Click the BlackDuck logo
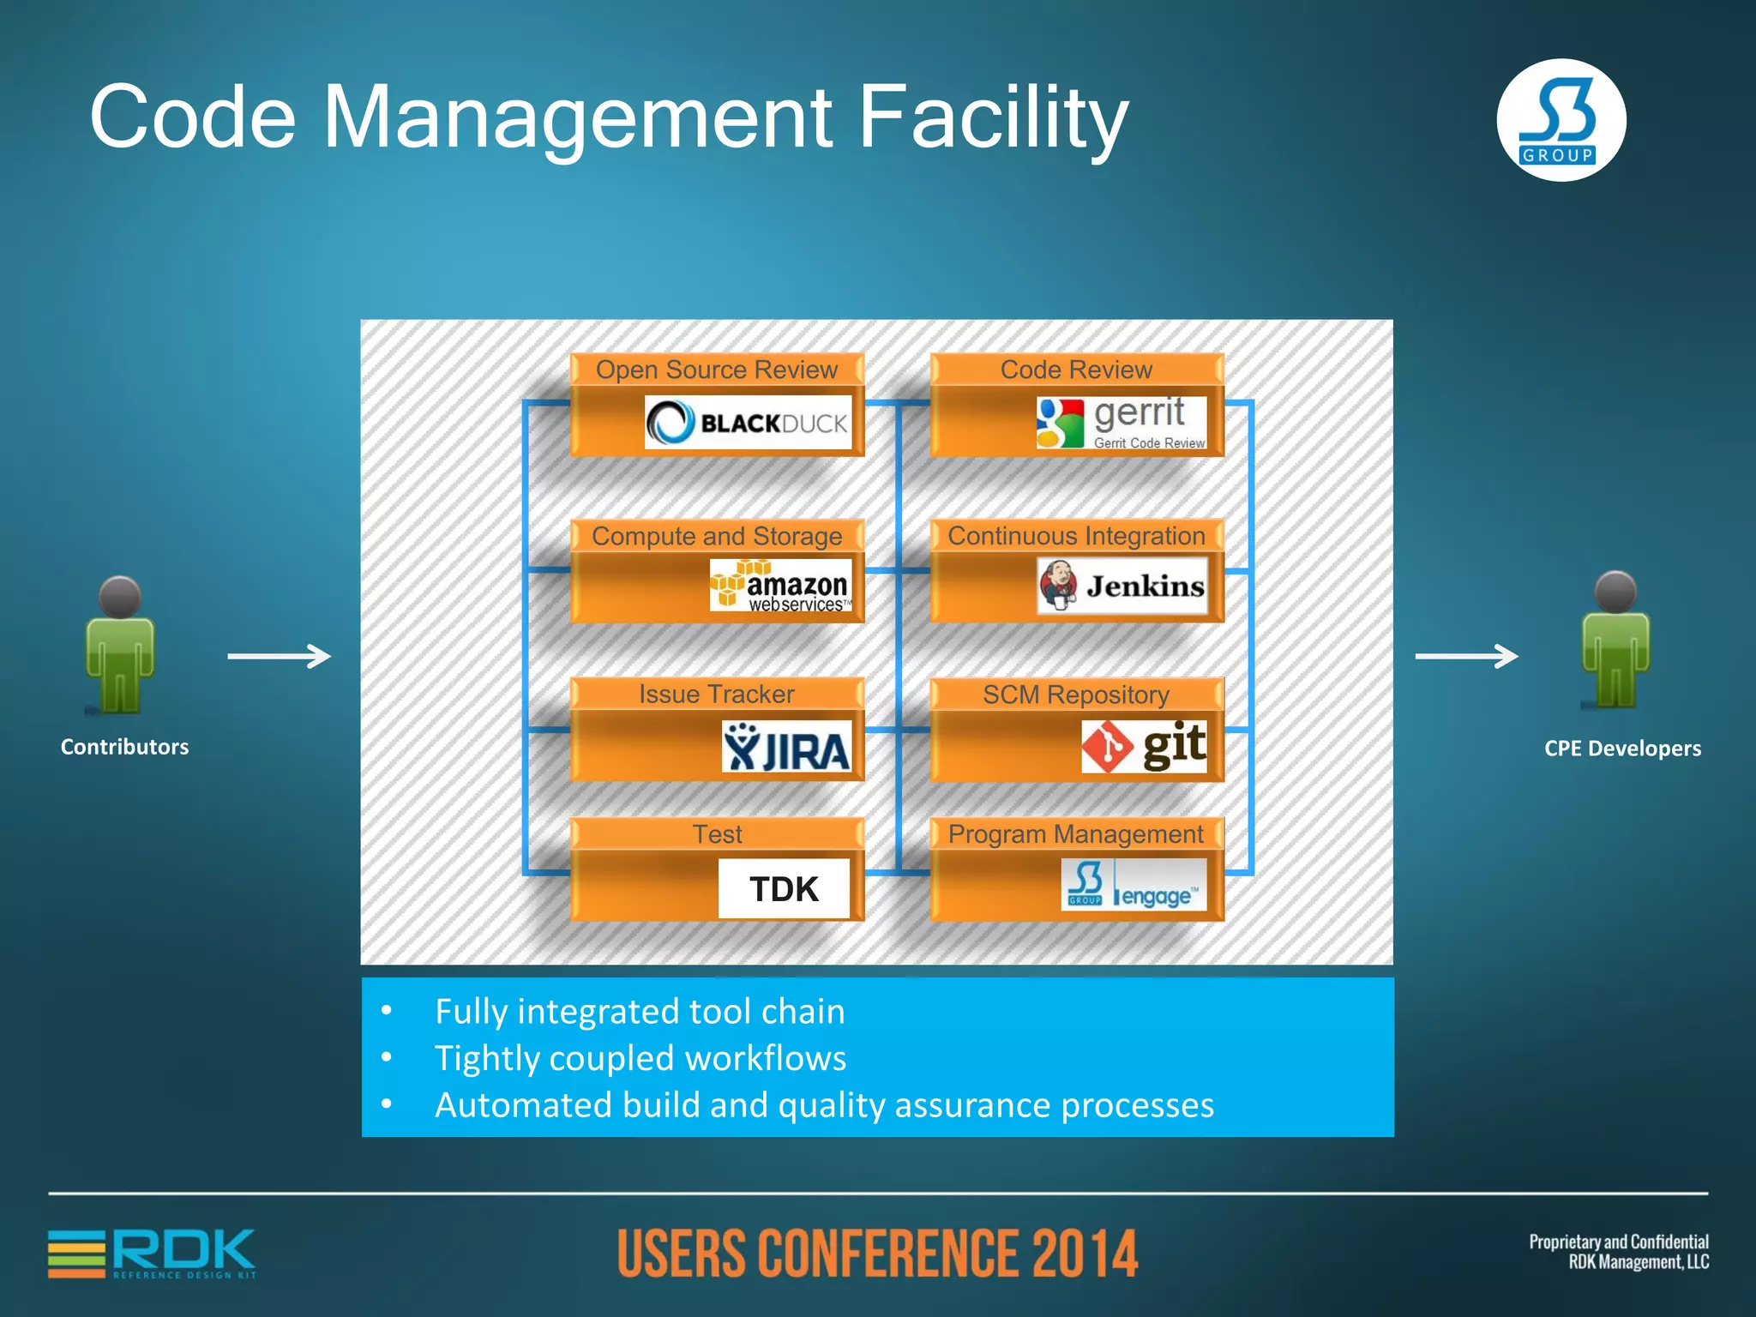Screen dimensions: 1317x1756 [748, 422]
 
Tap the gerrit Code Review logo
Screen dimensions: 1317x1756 [1122, 422]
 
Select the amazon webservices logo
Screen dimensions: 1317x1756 [780, 585]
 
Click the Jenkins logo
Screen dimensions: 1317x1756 [1122, 586]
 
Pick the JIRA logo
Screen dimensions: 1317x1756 [786, 747]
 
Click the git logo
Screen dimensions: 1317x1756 [1144, 746]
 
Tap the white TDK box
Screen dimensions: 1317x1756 [784, 888]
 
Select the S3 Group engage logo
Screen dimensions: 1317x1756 [1134, 884]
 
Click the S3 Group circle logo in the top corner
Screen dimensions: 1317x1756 [1561, 120]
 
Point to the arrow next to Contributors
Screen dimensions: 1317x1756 [280, 656]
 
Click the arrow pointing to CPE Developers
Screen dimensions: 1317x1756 [1466, 656]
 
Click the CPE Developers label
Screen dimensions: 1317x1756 [1622, 748]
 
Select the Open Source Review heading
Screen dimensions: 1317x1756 [717, 370]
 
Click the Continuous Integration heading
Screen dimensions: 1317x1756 [1076, 536]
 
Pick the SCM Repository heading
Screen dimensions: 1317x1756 [1076, 695]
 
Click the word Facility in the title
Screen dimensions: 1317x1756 [993, 117]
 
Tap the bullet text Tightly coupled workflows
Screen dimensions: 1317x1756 [640, 1058]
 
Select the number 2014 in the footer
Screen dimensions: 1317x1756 [1084, 1254]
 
